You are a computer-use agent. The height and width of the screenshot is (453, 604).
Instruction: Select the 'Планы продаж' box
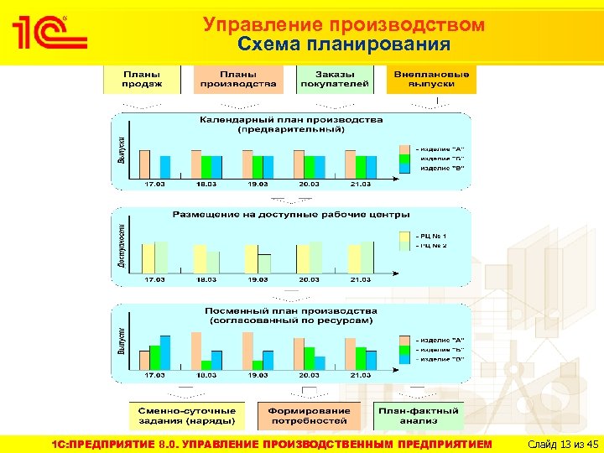[x=142, y=79]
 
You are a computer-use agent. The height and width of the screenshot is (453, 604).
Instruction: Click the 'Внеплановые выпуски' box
[x=432, y=79]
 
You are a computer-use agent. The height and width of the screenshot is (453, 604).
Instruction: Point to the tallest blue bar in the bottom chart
[x=165, y=352]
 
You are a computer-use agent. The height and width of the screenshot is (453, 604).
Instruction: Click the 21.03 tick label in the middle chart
[x=361, y=279]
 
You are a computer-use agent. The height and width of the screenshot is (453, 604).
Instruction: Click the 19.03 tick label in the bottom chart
[x=258, y=376]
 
